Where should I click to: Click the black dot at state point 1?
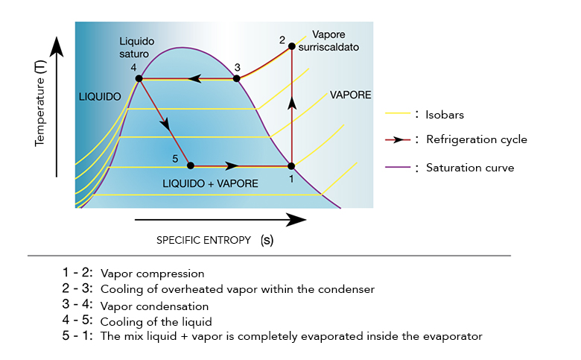[291, 165]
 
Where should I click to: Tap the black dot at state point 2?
[292, 47]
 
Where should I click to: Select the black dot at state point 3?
[237, 78]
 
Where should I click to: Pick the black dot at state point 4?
[139, 78]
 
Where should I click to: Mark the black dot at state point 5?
[190, 165]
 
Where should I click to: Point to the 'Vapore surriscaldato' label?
[335, 41]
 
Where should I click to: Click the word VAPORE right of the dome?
[351, 95]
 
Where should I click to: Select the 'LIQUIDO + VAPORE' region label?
[211, 183]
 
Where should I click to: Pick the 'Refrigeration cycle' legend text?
[476, 139]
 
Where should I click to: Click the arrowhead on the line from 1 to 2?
[292, 103]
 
